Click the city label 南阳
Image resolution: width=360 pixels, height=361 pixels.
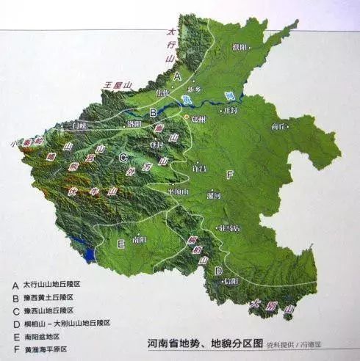pyautogui.click(x=138, y=239)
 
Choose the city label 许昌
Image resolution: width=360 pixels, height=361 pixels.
pyautogui.click(x=198, y=168)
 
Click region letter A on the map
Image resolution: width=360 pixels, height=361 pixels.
pyautogui.click(x=177, y=76)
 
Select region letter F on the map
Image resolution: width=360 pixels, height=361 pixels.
pyautogui.click(x=231, y=174)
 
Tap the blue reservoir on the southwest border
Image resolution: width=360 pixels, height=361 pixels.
pyautogui.click(x=89, y=255)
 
